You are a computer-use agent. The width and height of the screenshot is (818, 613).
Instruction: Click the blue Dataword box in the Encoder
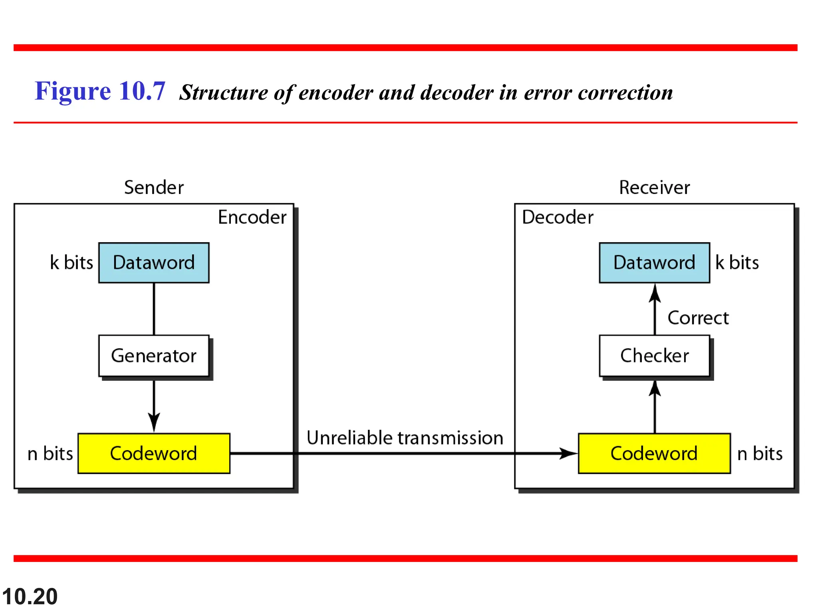(x=154, y=263)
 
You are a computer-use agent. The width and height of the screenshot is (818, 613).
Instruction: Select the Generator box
(x=154, y=356)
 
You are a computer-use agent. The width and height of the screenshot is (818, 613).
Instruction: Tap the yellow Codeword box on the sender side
(x=154, y=453)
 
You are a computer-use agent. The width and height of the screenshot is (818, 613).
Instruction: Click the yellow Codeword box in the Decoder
(x=654, y=453)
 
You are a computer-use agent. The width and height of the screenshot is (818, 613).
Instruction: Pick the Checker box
(x=654, y=356)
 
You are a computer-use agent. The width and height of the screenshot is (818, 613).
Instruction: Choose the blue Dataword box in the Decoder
(x=654, y=263)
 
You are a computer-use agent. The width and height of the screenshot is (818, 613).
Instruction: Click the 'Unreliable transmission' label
(x=405, y=438)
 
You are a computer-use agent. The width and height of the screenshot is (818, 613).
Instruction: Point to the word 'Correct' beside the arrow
(x=698, y=318)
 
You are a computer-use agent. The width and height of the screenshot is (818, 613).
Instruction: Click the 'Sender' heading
(x=154, y=188)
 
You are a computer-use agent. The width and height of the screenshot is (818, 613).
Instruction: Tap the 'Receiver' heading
(x=654, y=188)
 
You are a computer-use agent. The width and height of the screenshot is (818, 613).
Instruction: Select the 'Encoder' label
(x=252, y=218)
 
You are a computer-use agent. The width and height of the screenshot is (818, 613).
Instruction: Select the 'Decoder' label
(x=558, y=218)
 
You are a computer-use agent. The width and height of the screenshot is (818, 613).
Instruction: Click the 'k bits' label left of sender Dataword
(x=71, y=263)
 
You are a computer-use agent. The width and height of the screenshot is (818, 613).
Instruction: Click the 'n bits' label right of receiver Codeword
(x=760, y=454)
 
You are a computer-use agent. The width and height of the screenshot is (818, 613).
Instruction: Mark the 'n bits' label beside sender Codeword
(x=50, y=454)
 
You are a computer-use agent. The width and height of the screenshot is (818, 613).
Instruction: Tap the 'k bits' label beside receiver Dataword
(x=737, y=263)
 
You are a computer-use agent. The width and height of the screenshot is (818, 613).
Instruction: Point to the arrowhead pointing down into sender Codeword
(x=154, y=423)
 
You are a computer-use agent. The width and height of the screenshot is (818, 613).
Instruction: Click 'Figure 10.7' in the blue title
(x=100, y=91)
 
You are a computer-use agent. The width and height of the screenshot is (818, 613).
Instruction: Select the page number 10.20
(x=30, y=597)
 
